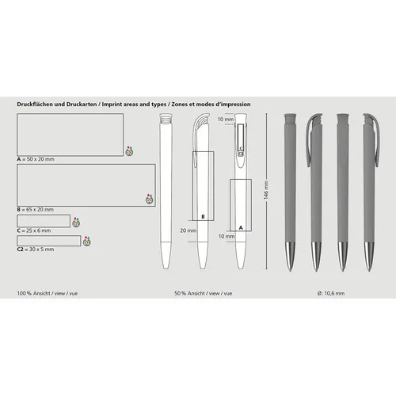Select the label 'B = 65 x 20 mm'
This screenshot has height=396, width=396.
(x=36, y=208)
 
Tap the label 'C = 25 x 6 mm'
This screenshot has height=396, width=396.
(x=33, y=230)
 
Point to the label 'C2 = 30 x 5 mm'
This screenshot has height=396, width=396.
(x=36, y=248)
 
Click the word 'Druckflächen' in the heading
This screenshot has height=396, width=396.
(x=35, y=104)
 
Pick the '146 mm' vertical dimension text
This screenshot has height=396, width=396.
(x=267, y=191)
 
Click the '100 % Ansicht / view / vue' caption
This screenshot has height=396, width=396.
(x=45, y=294)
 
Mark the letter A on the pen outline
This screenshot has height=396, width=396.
(x=241, y=227)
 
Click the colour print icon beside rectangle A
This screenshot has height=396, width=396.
(x=129, y=150)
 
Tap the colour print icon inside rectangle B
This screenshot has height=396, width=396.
(x=147, y=198)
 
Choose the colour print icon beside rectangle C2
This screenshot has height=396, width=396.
(x=87, y=240)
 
